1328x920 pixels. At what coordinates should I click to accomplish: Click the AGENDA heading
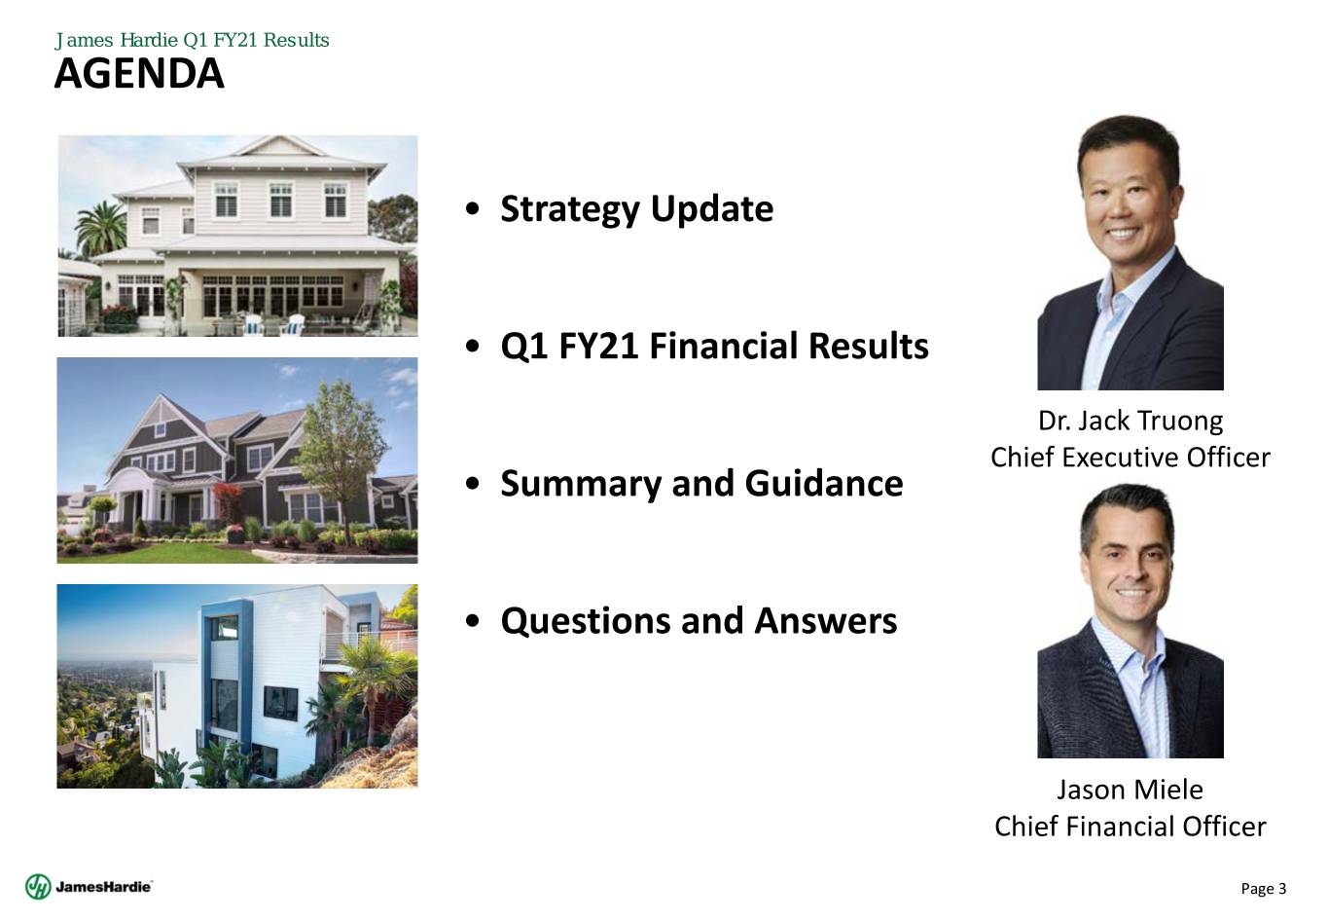139,74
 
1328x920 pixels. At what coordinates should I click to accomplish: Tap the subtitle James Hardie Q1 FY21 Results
192,40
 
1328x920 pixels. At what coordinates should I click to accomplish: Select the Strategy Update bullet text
636,209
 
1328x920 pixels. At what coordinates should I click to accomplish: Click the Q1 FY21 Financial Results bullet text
714,346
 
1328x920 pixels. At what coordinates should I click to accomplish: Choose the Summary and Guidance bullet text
702,484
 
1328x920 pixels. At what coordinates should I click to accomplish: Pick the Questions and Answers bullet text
699,621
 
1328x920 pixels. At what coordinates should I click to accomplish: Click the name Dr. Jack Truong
1130,421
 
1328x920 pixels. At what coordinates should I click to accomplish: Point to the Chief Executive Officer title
1130,458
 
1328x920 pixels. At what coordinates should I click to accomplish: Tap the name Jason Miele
1130,790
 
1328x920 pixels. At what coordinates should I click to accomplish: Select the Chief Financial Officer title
1130,827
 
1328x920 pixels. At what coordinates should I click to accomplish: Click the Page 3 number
1264,889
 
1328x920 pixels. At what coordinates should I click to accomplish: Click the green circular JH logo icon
38,887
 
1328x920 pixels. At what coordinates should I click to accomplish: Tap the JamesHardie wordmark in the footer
104,887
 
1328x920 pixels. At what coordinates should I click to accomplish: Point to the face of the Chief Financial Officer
1130,564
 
